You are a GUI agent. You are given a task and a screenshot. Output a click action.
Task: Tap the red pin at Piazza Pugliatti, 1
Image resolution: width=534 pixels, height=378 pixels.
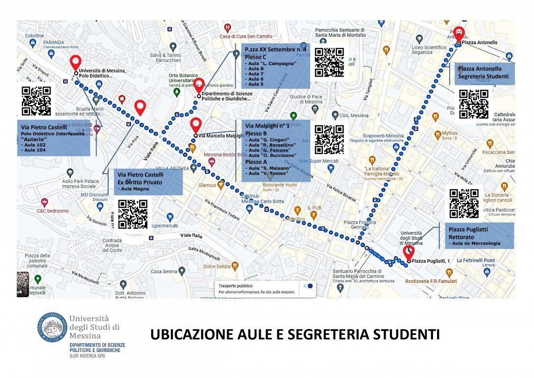(x=408, y=252)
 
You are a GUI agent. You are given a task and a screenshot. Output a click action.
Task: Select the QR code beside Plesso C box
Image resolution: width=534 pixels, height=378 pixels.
(x=329, y=62)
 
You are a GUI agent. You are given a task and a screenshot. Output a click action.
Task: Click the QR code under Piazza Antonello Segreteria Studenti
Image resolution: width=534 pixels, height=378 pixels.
(x=474, y=104)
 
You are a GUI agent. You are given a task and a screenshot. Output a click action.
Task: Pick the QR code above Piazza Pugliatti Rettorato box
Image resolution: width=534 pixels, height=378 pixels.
(x=464, y=203)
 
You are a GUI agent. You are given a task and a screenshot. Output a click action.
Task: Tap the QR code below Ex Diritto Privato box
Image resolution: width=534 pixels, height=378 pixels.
(x=133, y=214)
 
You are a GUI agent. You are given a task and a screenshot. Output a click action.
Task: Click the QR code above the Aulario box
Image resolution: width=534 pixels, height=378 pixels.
(x=36, y=101)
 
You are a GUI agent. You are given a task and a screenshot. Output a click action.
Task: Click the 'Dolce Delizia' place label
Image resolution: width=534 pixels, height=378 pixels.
(x=217, y=266)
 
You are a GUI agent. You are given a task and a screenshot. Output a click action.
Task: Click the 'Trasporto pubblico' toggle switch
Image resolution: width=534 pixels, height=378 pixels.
(x=308, y=286)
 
